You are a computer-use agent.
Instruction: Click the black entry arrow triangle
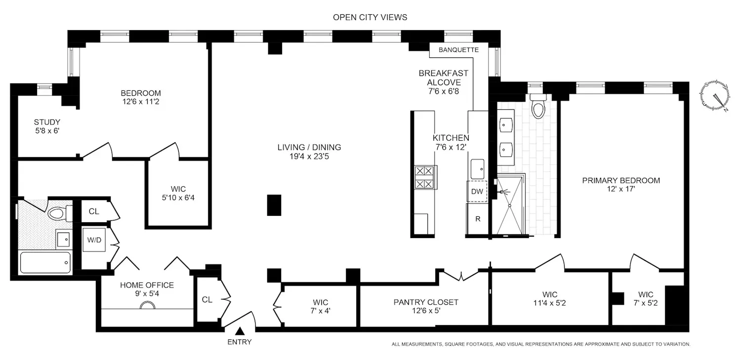[240, 331]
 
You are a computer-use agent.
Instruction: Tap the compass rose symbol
[715, 95]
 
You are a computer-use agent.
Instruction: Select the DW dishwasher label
[477, 192]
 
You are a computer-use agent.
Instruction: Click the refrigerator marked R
[478, 219]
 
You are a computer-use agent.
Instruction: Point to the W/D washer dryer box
[94, 240]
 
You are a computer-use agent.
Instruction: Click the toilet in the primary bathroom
[538, 106]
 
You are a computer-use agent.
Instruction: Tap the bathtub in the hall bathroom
[45, 262]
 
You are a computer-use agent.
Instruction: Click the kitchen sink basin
[477, 169]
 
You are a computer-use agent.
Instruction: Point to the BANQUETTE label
[458, 50]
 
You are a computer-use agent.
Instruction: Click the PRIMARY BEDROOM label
[621, 180]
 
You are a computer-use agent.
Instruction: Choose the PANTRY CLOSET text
[426, 302]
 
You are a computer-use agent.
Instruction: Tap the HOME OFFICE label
[147, 285]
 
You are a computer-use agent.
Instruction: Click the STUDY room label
[47, 122]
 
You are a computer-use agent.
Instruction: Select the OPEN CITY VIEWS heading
[370, 17]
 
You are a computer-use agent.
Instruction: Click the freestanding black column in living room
[274, 205]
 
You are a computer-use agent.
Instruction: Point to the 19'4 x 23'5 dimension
[309, 157]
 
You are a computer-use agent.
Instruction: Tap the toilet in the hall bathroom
[60, 213]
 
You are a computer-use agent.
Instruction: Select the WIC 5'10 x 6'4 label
[178, 194]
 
